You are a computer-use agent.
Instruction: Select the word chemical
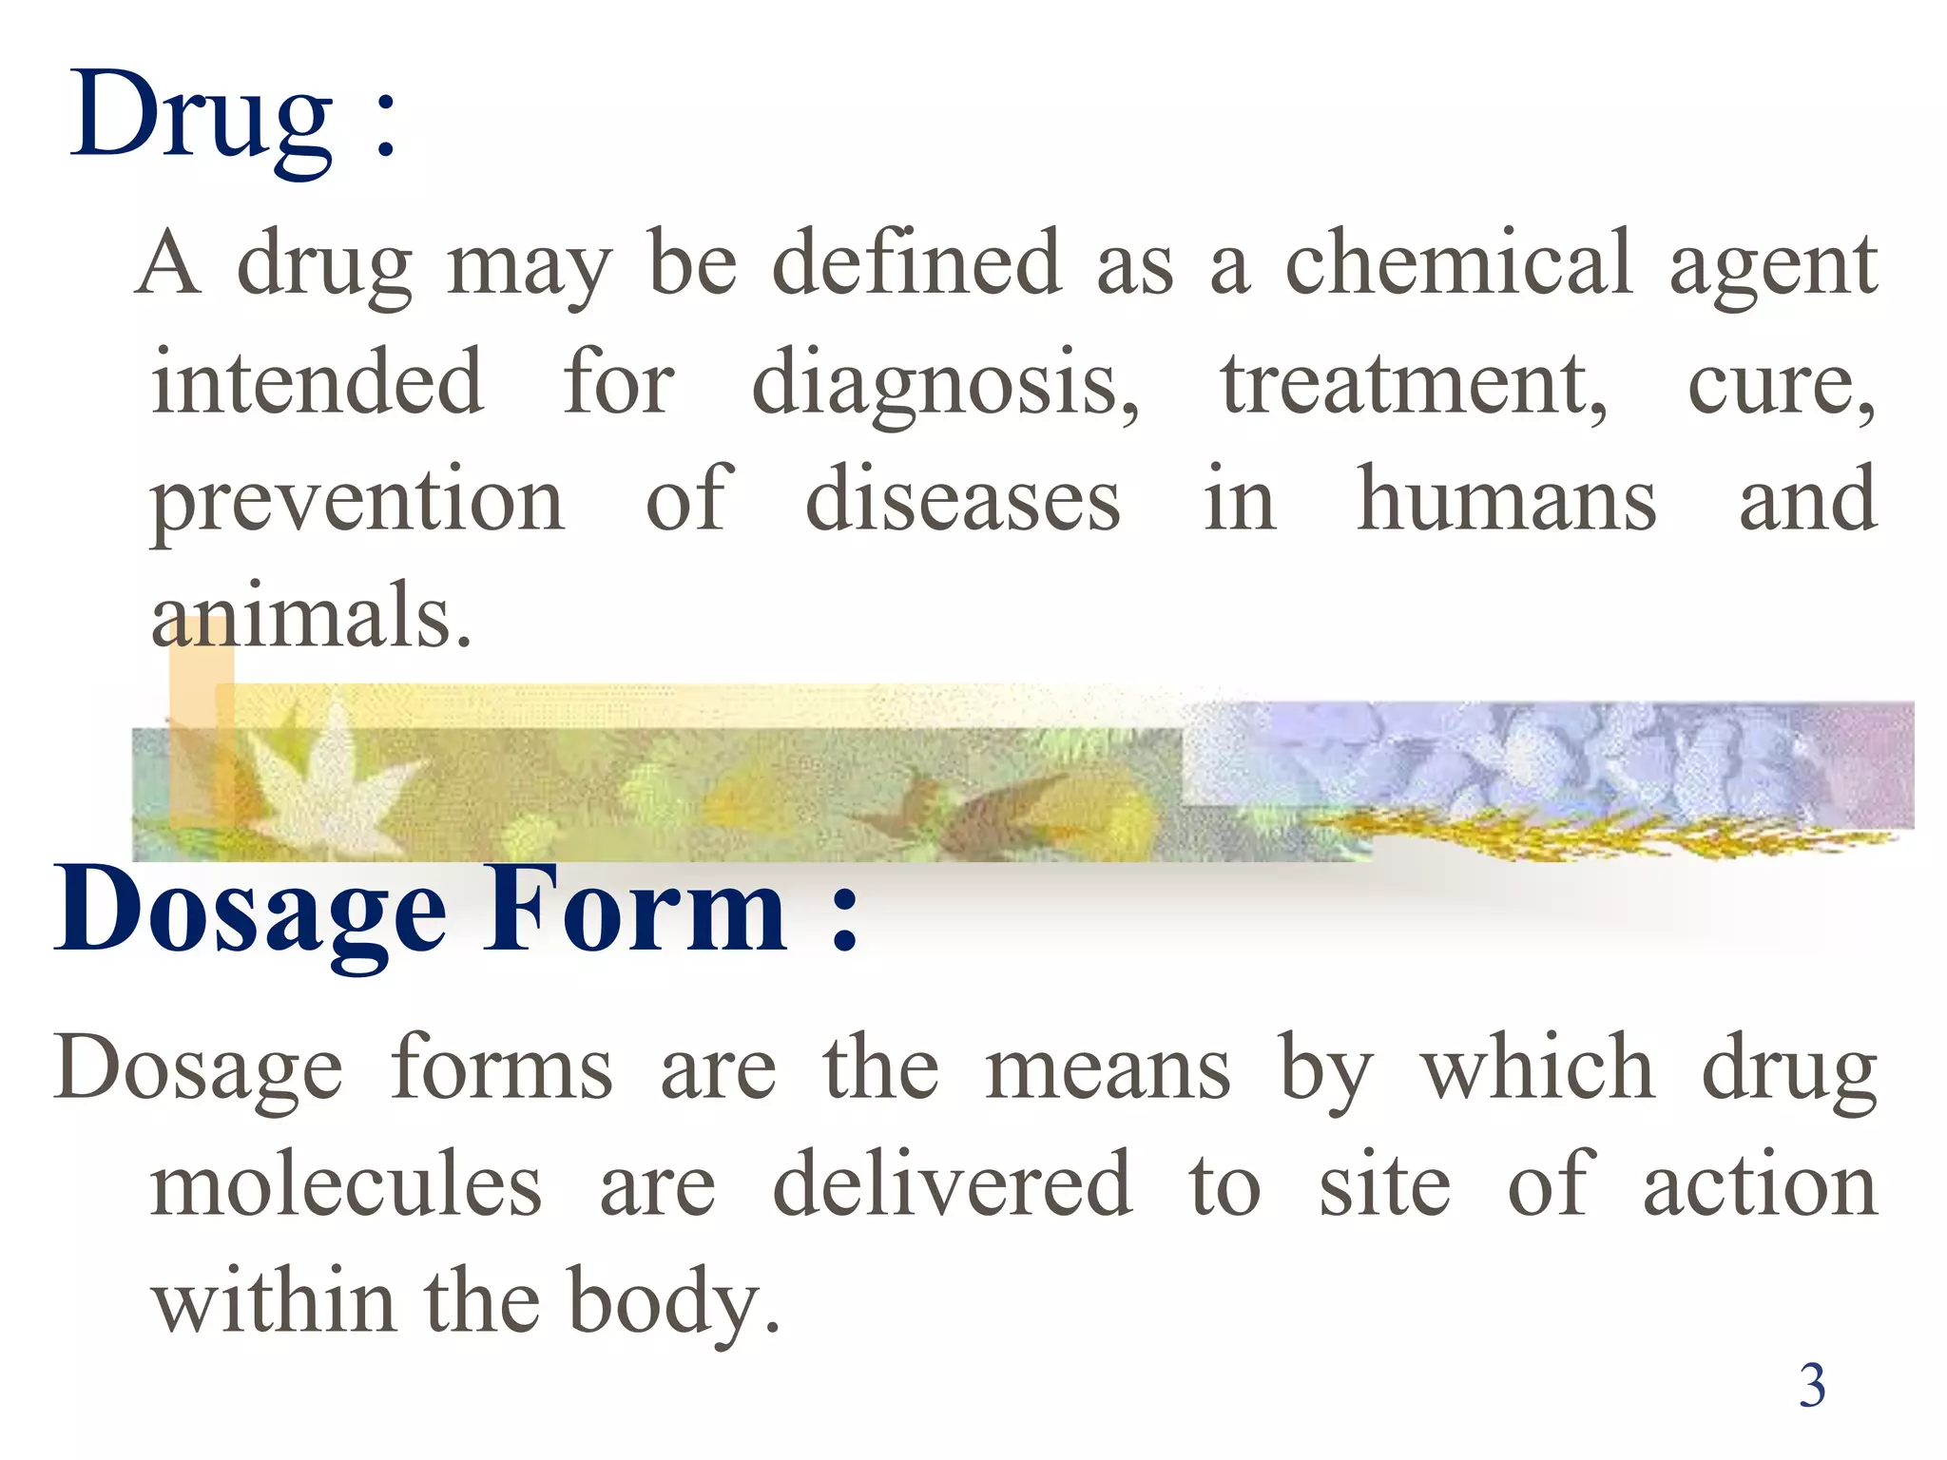point(1458,263)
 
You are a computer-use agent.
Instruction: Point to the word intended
point(318,382)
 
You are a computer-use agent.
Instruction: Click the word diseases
point(962,500)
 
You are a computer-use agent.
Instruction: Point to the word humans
point(1506,500)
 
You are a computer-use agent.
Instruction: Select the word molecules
point(346,1184)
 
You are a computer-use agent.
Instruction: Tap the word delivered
point(952,1184)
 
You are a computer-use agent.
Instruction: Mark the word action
point(1760,1184)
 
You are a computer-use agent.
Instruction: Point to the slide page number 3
point(1812,1386)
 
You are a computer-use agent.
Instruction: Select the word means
point(1108,1070)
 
